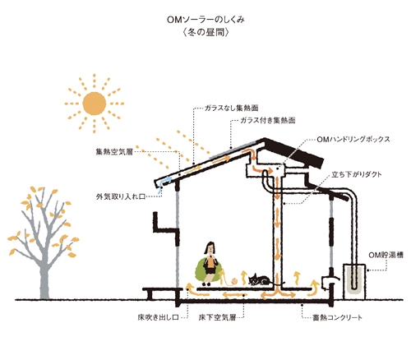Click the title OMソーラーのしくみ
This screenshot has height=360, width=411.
pyautogui.click(x=205, y=20)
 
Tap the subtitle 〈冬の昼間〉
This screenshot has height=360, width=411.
pyautogui.click(x=205, y=33)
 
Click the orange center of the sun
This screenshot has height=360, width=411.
pyautogui.click(x=95, y=104)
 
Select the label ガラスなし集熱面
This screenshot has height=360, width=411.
pyautogui.click(x=232, y=108)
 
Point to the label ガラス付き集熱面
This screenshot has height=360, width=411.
pyautogui.click(x=268, y=120)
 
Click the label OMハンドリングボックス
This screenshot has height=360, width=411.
pyautogui.click(x=353, y=139)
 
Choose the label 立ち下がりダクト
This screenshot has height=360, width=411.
pyautogui.click(x=357, y=174)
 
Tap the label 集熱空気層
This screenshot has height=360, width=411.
pyautogui.click(x=114, y=152)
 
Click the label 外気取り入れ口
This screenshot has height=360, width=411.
pyautogui.click(x=121, y=196)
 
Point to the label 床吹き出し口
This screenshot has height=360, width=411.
pyautogui.click(x=158, y=317)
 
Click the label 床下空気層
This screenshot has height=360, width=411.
pyautogui.click(x=217, y=317)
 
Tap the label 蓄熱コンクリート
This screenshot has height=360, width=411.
pyautogui.click(x=337, y=317)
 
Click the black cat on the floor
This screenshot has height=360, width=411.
pyautogui.click(x=259, y=279)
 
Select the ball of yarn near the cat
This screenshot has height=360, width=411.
pyautogui.click(x=234, y=281)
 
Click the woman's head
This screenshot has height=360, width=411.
pyautogui.click(x=210, y=248)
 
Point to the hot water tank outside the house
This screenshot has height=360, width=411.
pyautogui.click(x=354, y=282)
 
